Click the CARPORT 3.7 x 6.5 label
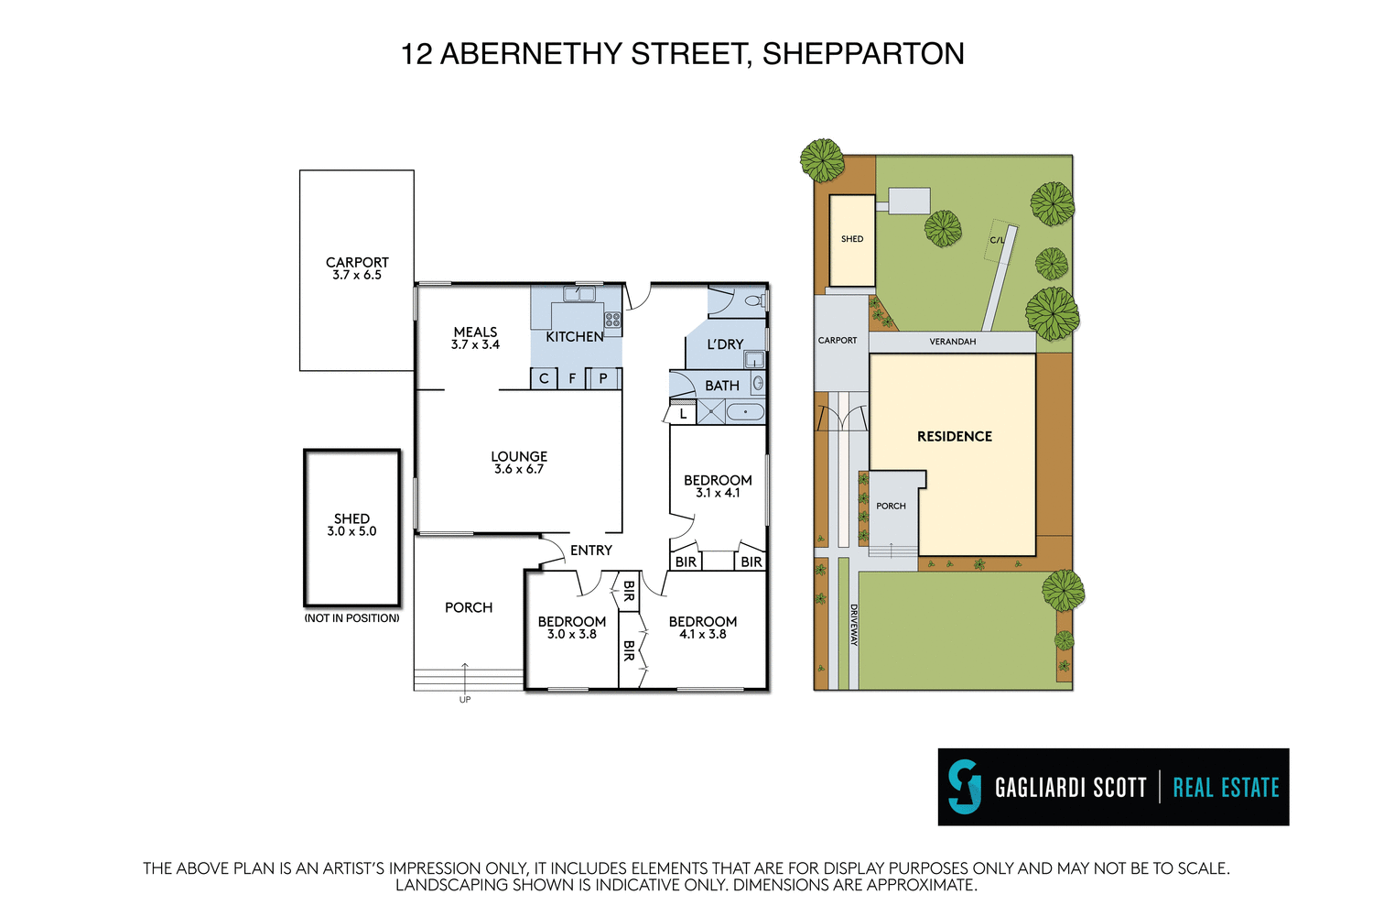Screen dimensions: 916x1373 pos(357,268)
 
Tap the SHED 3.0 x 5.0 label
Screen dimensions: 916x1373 pos(351,525)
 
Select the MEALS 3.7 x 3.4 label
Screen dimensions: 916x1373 pos(475,338)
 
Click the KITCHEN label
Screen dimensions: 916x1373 pos(574,337)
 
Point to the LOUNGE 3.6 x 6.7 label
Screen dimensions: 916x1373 pos(519,463)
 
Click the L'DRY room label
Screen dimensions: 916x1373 pos(725,344)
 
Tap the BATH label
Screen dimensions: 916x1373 pos(721,386)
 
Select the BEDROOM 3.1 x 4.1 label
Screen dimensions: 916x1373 pos(718,486)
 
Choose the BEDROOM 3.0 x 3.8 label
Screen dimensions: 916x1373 pos(571,627)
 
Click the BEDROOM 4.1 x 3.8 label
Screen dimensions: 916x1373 pos(702,627)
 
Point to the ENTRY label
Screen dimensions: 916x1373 pos(590,551)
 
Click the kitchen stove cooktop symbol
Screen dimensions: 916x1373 pos(612,320)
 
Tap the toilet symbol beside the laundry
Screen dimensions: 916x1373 pos(753,300)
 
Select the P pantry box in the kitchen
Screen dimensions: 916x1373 pos(603,378)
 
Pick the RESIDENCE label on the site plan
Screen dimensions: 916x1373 pos(954,437)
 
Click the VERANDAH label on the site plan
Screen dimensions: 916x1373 pos(952,342)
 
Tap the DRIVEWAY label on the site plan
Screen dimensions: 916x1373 pos(853,625)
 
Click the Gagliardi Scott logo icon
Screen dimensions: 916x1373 pos(964,787)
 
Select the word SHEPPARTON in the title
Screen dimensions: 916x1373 pos(862,54)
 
